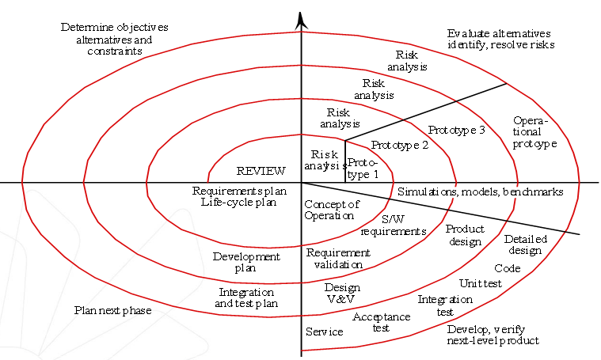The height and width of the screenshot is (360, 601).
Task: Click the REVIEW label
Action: pos(261,171)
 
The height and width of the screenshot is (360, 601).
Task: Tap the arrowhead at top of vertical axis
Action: pos(301,21)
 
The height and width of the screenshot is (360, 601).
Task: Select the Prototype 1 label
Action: pos(363,169)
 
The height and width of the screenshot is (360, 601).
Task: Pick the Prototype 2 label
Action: pos(400,146)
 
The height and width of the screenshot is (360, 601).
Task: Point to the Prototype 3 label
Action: pos(457,130)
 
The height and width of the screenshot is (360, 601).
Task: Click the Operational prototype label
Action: pos(534,132)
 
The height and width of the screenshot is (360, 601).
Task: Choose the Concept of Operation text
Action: pos(332,210)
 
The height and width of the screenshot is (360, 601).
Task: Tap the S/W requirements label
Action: pos(394,225)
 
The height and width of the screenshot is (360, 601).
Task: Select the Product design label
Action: pos(465,235)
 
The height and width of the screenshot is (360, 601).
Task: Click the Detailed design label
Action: pos(523,244)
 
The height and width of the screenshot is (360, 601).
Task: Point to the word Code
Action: pos(508,268)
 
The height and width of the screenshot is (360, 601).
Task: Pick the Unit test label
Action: pos(481,283)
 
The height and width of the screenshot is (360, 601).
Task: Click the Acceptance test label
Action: pos(381,322)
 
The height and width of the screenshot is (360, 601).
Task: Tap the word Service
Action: pos(325,332)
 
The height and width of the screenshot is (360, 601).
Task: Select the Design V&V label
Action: pos(342,294)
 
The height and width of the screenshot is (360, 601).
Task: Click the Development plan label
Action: pos(246,262)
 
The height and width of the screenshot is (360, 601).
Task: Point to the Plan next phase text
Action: pos(112,310)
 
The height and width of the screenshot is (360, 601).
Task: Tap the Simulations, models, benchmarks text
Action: pos(481,191)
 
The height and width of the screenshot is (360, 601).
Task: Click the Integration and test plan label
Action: pos(247,297)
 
